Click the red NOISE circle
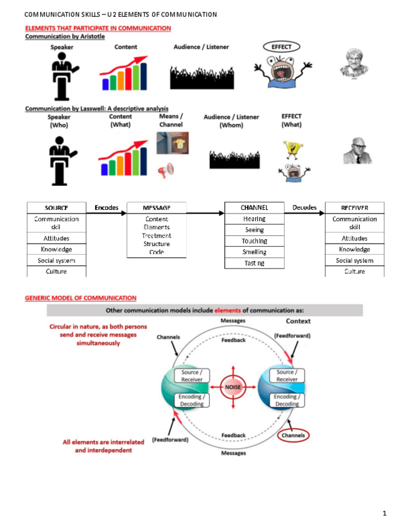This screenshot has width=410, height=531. [x=233, y=387]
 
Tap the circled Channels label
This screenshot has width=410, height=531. [x=293, y=435]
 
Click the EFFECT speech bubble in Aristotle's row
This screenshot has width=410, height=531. [x=281, y=46]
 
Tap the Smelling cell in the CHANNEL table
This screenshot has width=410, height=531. [x=254, y=252]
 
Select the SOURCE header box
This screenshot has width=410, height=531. [x=56, y=208]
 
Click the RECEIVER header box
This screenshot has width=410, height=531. [x=354, y=208]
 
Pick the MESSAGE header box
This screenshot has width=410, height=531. [x=156, y=208]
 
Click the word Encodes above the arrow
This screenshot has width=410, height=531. [x=106, y=207]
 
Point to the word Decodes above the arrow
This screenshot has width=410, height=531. [x=304, y=207]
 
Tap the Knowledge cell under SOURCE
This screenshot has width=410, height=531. [x=56, y=249]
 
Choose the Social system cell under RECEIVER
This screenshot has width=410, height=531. [x=354, y=260]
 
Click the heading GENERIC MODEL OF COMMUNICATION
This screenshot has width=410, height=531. [x=81, y=298]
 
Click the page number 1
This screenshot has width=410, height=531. [x=384, y=514]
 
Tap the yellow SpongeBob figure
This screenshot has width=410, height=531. [x=291, y=148]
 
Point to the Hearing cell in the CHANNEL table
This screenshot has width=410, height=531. [x=254, y=219]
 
